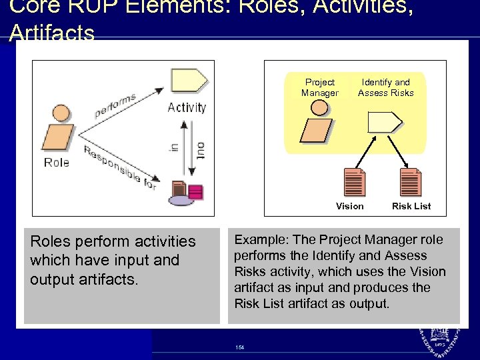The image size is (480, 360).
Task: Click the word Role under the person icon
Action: [x=57, y=163]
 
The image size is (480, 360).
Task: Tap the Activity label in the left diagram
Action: [x=187, y=107]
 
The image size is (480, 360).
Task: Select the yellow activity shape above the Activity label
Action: [x=189, y=81]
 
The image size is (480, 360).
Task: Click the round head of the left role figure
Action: [x=61, y=113]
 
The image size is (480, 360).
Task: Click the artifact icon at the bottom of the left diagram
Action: [x=186, y=193]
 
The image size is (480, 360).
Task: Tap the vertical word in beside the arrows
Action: [x=173, y=148]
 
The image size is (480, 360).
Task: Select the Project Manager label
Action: [x=319, y=87]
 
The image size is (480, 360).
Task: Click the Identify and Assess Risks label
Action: [x=385, y=87]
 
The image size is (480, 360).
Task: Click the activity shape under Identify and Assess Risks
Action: [x=385, y=122]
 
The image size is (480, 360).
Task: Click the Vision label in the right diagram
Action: [x=350, y=206]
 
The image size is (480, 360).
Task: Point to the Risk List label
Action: [x=411, y=206]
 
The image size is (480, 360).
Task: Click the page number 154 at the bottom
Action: [x=239, y=347]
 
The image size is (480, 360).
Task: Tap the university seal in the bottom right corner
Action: [x=443, y=341]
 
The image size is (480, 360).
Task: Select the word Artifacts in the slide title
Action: [x=53, y=33]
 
